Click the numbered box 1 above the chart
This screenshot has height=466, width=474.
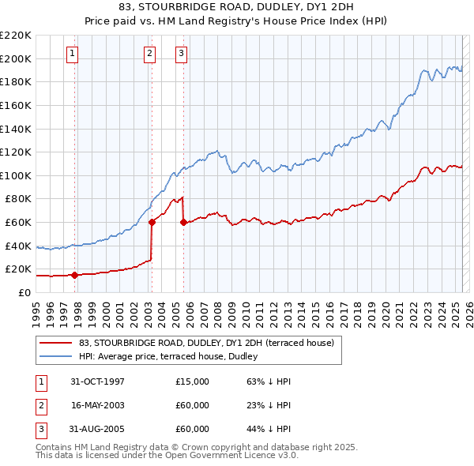click(x=72, y=54)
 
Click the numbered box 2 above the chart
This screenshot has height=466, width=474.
click(x=149, y=54)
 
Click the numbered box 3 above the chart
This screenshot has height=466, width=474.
click(x=181, y=54)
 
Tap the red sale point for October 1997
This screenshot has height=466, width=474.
click(x=74, y=275)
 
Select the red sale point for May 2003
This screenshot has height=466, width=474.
click(x=152, y=222)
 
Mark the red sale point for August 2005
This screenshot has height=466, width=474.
click(x=183, y=222)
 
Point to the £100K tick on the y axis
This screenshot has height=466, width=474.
click(x=17, y=175)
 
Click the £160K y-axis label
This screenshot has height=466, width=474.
click(x=17, y=105)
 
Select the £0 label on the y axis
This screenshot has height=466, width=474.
click(x=24, y=292)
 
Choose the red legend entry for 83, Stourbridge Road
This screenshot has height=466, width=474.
click(x=207, y=343)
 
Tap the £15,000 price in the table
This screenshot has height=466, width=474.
click(x=193, y=381)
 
